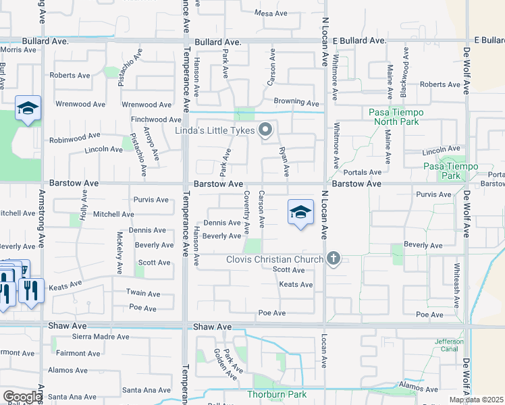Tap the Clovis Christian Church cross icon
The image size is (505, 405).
[x=333, y=259]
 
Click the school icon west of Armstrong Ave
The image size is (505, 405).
[x=28, y=109]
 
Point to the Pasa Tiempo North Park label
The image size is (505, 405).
[x=394, y=117]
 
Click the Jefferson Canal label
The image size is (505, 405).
[x=450, y=346]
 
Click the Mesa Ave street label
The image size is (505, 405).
[x=271, y=13]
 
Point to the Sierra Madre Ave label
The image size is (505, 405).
[x=101, y=337]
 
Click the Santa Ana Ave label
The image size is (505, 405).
[x=147, y=390]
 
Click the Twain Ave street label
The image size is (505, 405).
[x=143, y=294]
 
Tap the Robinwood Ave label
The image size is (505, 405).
[x=74, y=140]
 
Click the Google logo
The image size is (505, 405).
[x=22, y=397]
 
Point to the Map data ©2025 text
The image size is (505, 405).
[x=475, y=400]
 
